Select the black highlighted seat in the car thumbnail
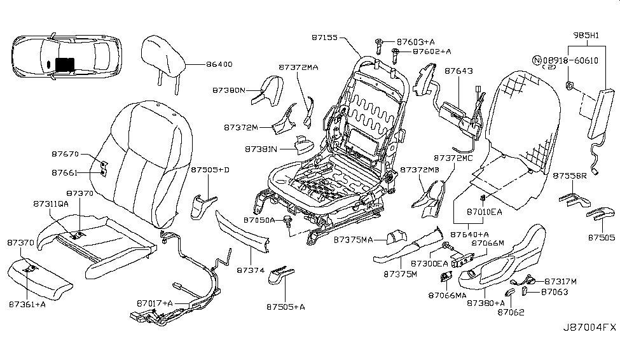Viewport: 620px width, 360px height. point(64,63)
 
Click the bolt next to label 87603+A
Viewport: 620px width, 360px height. point(378,43)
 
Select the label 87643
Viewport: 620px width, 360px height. point(458,71)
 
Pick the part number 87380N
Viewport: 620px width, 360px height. point(229,90)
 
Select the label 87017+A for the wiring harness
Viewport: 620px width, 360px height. point(155,303)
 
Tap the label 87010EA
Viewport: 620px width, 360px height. point(485,211)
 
